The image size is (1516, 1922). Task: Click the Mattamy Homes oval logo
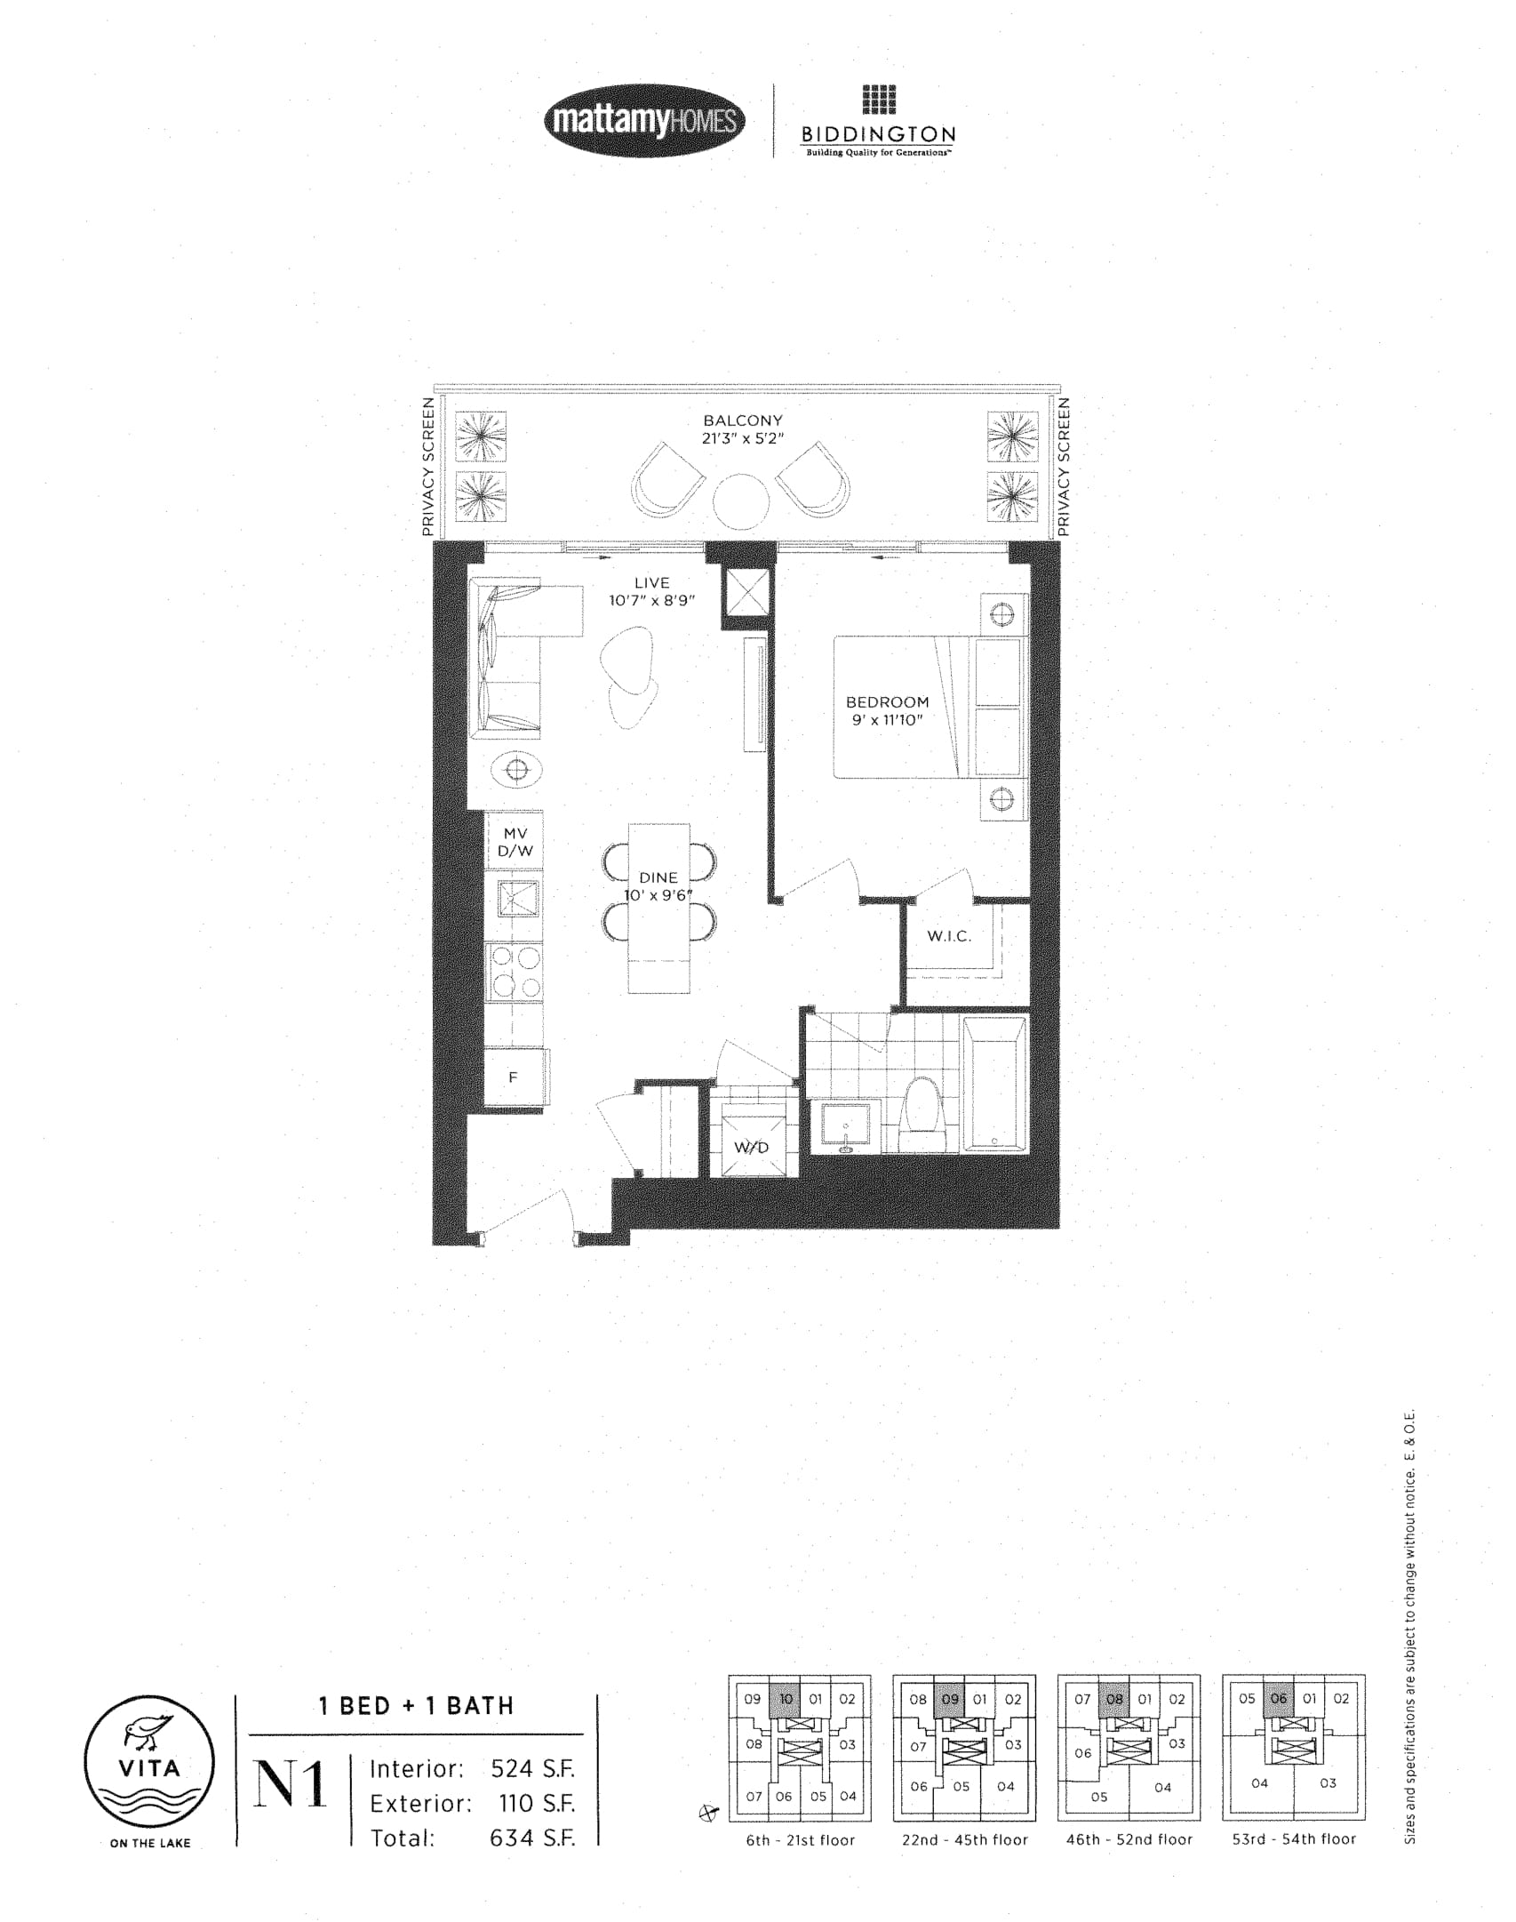[x=644, y=120]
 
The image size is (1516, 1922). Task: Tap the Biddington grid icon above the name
[x=879, y=100]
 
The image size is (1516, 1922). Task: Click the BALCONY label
[x=743, y=420]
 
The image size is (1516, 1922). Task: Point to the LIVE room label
[x=651, y=583]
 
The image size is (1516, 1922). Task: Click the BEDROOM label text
[x=887, y=702]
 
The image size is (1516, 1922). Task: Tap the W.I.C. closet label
[x=949, y=936]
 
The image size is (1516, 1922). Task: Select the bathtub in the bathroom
[x=994, y=1084]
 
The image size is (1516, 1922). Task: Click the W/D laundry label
[x=751, y=1148]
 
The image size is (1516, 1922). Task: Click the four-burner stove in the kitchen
[x=515, y=972]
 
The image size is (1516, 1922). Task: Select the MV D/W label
[x=515, y=842]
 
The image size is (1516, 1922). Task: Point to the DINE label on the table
[x=658, y=877]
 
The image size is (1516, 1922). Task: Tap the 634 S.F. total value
[x=532, y=1838]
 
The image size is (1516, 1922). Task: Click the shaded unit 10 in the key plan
[x=785, y=1698]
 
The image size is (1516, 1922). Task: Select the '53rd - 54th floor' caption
[x=1294, y=1839]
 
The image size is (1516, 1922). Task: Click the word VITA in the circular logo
[x=149, y=1767]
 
